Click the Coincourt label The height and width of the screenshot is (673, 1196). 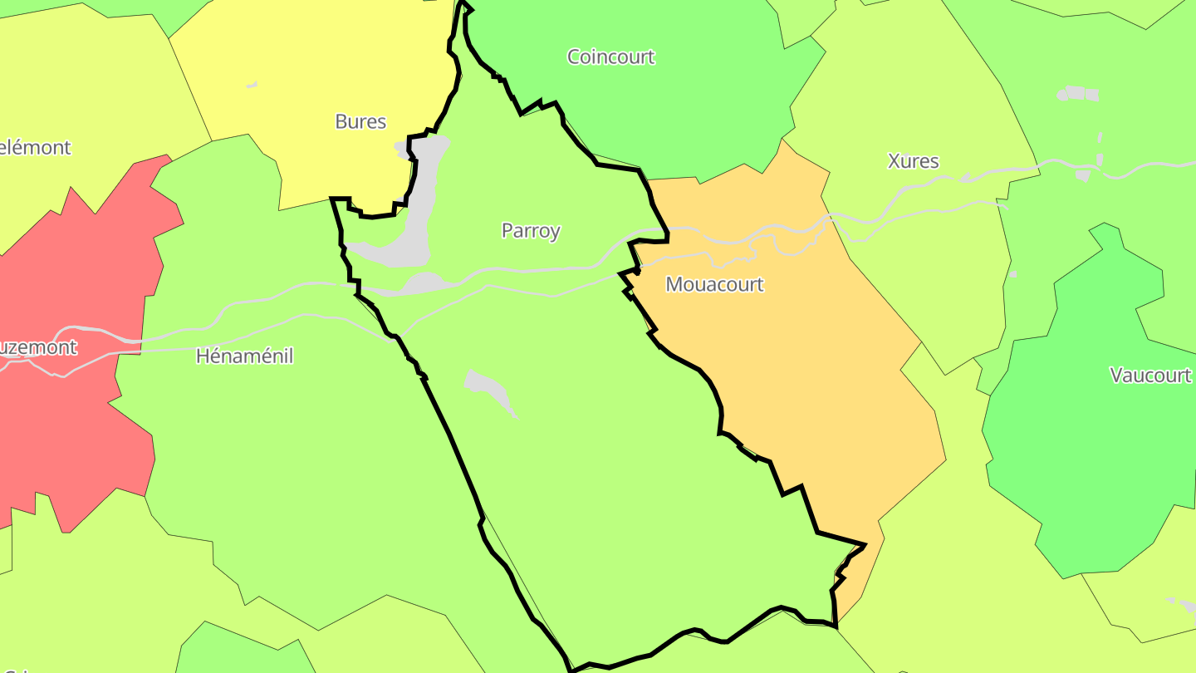610,57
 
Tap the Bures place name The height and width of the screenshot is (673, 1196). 360,122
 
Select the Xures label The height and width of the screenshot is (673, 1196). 913,161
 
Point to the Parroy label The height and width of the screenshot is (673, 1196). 531,231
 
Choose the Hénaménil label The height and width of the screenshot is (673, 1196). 244,356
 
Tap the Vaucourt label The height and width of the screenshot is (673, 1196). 1150,376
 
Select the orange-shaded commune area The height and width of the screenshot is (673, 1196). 797,391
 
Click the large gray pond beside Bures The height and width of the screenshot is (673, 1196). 419,208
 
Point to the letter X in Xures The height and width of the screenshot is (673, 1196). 894,161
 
